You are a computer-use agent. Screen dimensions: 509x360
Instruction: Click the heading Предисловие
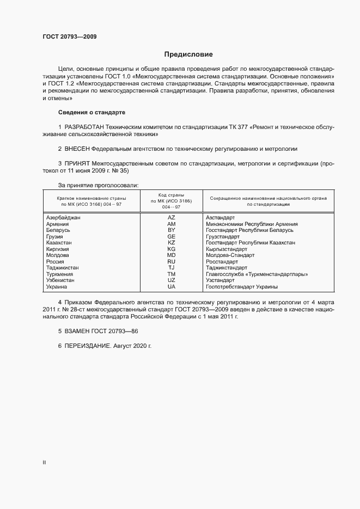[188, 54]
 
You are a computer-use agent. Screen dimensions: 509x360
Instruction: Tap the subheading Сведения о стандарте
[91, 112]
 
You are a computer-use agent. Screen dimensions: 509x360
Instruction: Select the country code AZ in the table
[171, 217]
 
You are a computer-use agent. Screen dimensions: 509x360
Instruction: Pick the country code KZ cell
[171, 242]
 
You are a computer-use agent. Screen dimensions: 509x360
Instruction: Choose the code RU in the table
[171, 261]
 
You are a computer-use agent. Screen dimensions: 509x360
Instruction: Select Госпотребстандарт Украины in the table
[242, 286]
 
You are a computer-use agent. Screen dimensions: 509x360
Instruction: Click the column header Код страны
[171, 195]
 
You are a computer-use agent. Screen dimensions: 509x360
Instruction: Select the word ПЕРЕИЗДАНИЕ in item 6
[88, 346]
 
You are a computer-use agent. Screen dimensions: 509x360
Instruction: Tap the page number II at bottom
[44, 462]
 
